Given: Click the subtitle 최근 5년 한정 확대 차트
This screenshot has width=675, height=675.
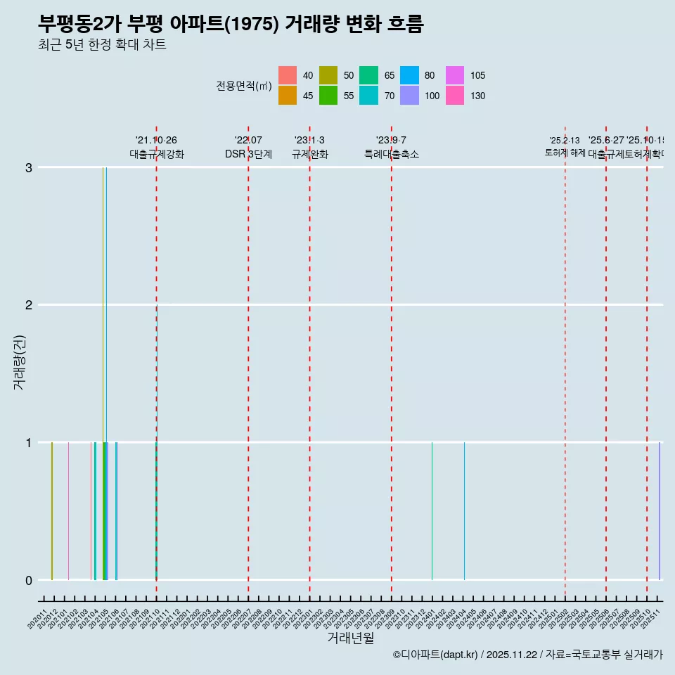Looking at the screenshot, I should [102, 45].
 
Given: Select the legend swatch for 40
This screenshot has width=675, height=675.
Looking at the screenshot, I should [288, 75].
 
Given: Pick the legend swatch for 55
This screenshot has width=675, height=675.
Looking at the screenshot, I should [328, 96].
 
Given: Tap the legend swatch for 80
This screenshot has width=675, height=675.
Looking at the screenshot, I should [410, 75].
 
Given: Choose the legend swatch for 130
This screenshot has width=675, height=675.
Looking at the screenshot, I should [455, 96].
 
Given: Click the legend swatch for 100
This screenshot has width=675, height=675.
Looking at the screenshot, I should [410, 96].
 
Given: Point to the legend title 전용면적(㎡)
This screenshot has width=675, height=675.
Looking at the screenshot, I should [244, 86].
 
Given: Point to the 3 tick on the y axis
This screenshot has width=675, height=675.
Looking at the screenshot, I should [29, 167].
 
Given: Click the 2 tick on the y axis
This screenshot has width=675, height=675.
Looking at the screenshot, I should [29, 304].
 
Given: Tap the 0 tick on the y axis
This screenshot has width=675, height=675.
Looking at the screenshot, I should [29, 580].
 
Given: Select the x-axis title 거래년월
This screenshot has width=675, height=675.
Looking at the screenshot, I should [350, 638].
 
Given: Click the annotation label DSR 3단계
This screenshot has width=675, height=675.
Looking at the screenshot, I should [248, 154].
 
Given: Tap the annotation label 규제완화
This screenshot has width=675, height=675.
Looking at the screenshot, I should [310, 154].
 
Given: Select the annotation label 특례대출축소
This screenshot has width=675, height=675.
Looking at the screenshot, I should [392, 154].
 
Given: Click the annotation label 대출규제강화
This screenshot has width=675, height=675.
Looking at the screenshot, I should [157, 154].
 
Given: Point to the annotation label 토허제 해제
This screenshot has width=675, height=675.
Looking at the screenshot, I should [565, 153].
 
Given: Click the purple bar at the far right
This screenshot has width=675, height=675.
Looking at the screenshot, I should [659, 511].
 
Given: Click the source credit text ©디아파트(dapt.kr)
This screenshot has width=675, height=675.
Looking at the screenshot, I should [435, 655].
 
